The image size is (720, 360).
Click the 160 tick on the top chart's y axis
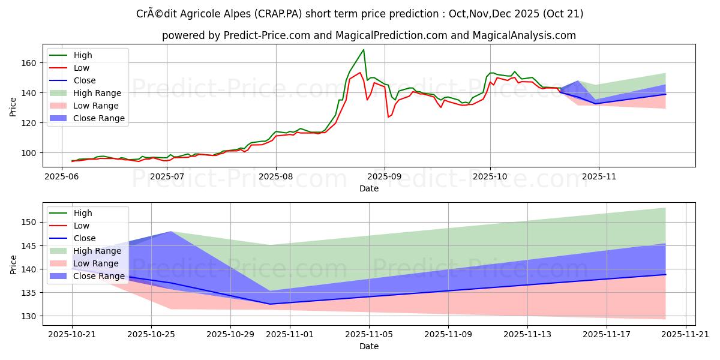pos(29,63)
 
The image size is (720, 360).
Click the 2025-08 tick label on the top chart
pos(275,177)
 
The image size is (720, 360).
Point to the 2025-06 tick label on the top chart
pos(62,177)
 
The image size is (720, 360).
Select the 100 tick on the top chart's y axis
pos(29,153)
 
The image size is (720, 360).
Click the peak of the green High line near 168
pos(363,50)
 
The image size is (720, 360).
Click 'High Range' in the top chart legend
pos(97,93)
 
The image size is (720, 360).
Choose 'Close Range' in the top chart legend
pos(99,118)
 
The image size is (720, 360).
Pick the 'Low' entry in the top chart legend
pos(82,68)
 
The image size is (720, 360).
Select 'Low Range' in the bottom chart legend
pos(96,263)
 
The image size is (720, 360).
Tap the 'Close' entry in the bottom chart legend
pos(85,238)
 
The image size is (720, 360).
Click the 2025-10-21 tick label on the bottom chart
pos(72,335)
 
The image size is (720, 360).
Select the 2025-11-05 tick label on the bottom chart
pos(369,335)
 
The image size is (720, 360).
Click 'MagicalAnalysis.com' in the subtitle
pos(524,35)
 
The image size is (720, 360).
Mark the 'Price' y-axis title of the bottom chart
pos(13,263)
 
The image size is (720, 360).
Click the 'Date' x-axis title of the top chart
pos(368,188)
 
